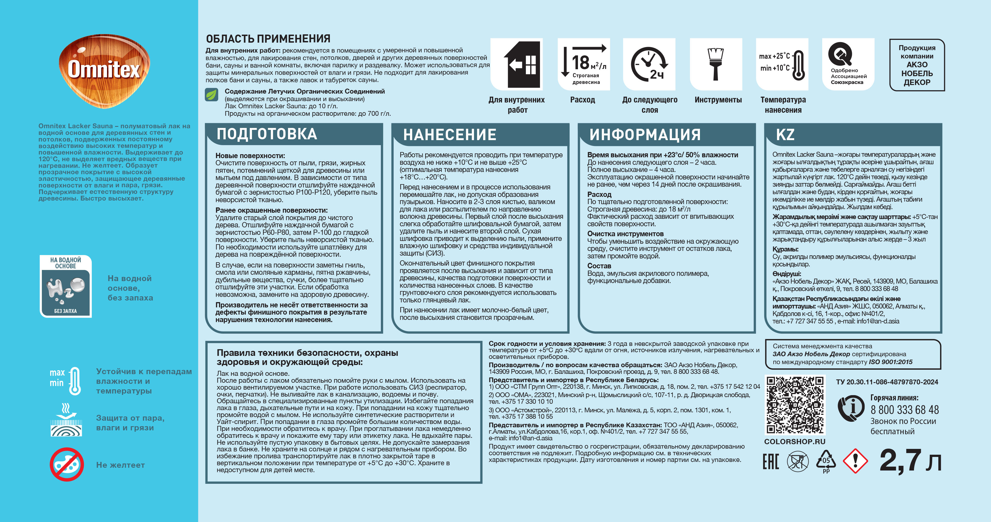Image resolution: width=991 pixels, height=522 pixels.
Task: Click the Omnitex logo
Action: pos(104,69)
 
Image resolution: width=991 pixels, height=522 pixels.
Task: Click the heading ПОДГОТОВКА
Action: pos(267,134)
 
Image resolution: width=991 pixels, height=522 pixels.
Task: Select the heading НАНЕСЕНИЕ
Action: pos(449,135)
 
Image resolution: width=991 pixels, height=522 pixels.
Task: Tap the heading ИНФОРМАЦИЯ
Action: pos(645,135)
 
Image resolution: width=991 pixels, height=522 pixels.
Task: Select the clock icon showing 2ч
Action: pos(649,64)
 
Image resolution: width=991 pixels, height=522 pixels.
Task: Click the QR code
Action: pos(795,405)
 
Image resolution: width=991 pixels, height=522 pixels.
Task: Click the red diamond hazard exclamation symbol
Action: pos(855,461)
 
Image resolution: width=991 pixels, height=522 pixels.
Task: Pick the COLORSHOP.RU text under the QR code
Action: pos(794,442)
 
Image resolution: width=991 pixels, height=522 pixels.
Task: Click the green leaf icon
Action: pos(212,94)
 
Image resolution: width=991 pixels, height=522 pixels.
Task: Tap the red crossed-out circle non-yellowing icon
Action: pos(67,464)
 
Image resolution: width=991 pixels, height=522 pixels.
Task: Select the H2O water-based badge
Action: pos(66,286)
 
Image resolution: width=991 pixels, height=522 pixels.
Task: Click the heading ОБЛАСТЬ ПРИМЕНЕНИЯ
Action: pos(268,39)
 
